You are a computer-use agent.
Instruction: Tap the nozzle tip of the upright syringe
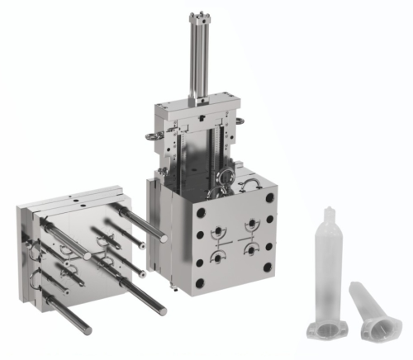point(328,208)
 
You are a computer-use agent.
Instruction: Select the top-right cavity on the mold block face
point(249,224)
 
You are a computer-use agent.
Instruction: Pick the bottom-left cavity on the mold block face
point(216,258)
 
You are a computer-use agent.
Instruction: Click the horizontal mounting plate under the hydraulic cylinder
point(192,107)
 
